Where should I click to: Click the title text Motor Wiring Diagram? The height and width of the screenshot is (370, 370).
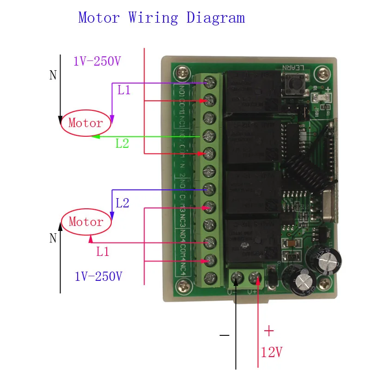pyautogui.click(x=161, y=18)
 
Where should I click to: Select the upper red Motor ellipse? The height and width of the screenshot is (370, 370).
pyautogui.click(x=86, y=123)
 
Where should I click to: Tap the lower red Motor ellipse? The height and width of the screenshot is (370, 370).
pyautogui.click(x=86, y=222)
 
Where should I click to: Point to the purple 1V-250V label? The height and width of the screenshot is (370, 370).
pyautogui.click(x=97, y=61)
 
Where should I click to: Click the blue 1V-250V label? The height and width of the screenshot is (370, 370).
pyautogui.click(x=98, y=277)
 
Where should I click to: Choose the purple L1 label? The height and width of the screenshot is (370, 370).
pyautogui.click(x=124, y=90)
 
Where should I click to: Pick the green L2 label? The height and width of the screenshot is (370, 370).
pyautogui.click(x=122, y=143)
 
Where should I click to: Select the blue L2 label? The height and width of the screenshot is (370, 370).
pyautogui.click(x=122, y=203)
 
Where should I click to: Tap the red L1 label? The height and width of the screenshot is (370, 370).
pyautogui.click(x=103, y=252)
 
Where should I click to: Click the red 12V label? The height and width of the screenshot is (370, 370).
pyautogui.click(x=271, y=353)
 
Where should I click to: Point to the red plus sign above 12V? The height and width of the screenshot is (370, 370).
pyautogui.click(x=268, y=331)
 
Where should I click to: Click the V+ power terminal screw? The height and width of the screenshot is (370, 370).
pyautogui.click(x=255, y=278)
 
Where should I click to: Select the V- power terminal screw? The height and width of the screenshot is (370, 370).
pyautogui.click(x=237, y=278)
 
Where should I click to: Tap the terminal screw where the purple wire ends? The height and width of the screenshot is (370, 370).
pyautogui.click(x=211, y=83)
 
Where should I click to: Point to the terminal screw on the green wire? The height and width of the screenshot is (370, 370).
pyautogui.click(x=211, y=135)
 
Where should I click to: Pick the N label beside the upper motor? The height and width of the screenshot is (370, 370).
pyautogui.click(x=53, y=75)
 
